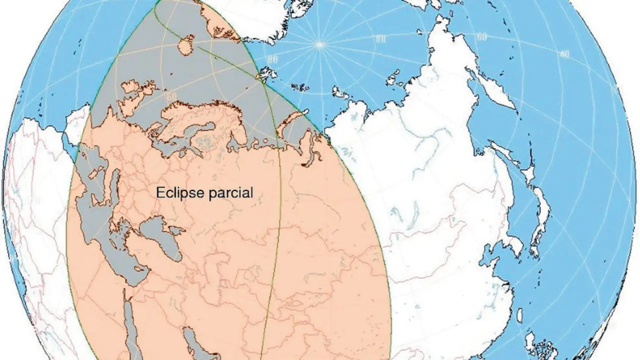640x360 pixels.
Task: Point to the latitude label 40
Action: click(564, 54)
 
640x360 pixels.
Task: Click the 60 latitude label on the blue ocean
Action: click(482, 37)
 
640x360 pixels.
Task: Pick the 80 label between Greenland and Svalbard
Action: click(272, 59)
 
